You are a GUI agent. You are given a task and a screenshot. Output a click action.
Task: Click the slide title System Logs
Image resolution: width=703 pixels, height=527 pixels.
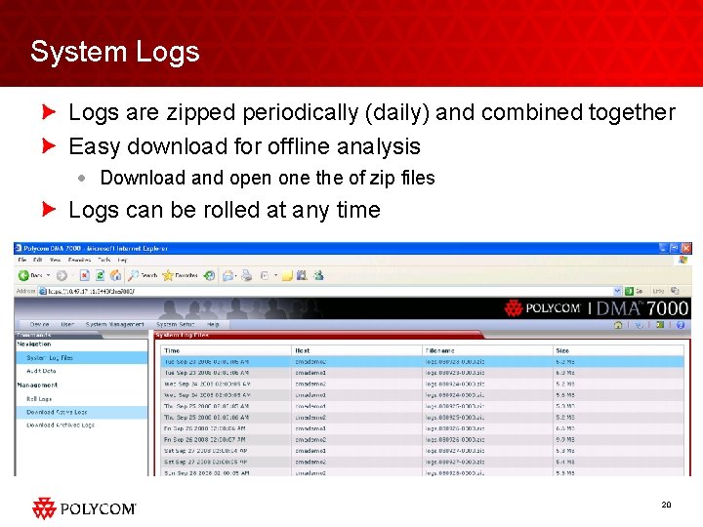114,52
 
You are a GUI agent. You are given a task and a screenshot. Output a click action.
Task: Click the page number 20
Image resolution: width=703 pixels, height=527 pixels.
666,504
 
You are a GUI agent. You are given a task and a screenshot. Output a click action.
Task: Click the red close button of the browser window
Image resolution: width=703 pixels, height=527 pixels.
685,249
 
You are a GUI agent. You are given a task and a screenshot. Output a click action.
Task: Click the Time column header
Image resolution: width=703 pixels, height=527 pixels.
173,349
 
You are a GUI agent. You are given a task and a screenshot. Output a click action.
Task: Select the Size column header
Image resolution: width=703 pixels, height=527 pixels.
562,349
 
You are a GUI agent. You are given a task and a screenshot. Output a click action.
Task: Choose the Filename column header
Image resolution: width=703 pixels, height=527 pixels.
439,349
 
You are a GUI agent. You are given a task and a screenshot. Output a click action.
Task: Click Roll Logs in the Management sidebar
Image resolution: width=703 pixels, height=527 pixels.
40,398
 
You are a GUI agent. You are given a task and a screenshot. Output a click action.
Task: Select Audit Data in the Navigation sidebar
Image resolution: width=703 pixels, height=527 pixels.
41,371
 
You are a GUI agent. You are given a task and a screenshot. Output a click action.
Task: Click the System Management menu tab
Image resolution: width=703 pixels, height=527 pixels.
115,324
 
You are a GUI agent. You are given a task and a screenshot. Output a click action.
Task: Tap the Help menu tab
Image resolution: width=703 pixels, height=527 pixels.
213,324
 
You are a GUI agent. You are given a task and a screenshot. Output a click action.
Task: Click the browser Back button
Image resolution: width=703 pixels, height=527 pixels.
32,275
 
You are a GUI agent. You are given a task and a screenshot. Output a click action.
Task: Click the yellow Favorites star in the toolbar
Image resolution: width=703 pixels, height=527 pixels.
167,275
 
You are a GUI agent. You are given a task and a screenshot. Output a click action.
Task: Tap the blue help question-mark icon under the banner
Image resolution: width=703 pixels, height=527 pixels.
681,324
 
